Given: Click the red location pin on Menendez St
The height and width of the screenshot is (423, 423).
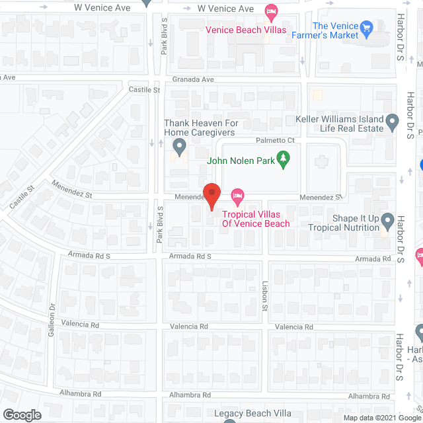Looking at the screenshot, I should (x=211, y=196).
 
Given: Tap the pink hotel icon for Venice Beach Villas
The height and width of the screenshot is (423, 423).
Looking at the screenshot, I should (x=270, y=11).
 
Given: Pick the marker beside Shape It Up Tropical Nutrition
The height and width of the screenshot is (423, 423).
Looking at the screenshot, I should (x=387, y=220).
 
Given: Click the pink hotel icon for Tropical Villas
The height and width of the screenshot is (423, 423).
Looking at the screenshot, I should (x=237, y=196).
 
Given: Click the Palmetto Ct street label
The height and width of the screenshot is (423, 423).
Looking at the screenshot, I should (x=274, y=141).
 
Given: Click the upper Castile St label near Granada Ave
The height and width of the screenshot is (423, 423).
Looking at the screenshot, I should (x=145, y=89).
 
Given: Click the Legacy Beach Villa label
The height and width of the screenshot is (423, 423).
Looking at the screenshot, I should (x=253, y=413).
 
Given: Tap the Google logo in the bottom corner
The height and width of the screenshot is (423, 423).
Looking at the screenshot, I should (x=21, y=414).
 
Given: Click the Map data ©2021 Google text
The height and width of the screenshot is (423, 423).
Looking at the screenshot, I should (x=382, y=416).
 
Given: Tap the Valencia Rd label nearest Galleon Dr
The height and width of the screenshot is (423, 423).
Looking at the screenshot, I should (x=81, y=325).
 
